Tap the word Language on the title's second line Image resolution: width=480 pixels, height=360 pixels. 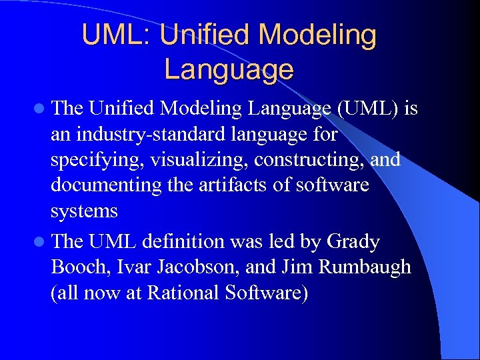pos(229,69)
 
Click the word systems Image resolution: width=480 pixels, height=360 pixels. pos(84,211)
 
